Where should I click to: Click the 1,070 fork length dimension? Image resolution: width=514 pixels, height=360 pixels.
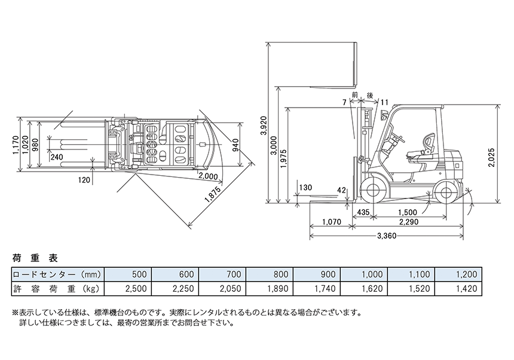(x=331, y=222)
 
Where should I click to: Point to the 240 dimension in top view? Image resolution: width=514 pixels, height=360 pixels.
(x=57, y=157)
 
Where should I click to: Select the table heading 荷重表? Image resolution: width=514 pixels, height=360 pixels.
(x=35, y=259)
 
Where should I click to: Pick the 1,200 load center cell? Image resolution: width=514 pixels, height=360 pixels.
(x=466, y=274)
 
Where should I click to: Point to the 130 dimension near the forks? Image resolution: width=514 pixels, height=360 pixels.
(x=305, y=188)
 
